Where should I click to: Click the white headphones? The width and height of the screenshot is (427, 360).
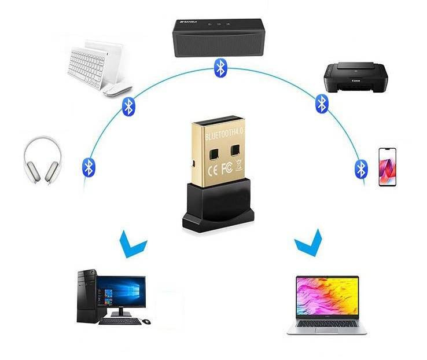point(42,161)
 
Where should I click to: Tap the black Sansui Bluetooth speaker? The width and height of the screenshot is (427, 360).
point(218,38)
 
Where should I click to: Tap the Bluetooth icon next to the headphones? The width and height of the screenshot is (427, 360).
point(89,167)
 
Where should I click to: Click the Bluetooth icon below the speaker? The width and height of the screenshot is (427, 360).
point(219,68)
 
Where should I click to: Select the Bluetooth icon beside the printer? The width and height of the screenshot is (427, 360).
point(322,104)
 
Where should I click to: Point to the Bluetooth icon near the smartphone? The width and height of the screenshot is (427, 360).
point(361,169)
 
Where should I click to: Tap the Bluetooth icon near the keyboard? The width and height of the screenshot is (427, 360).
point(128,106)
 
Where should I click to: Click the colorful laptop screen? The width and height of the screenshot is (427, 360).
point(327,296)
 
